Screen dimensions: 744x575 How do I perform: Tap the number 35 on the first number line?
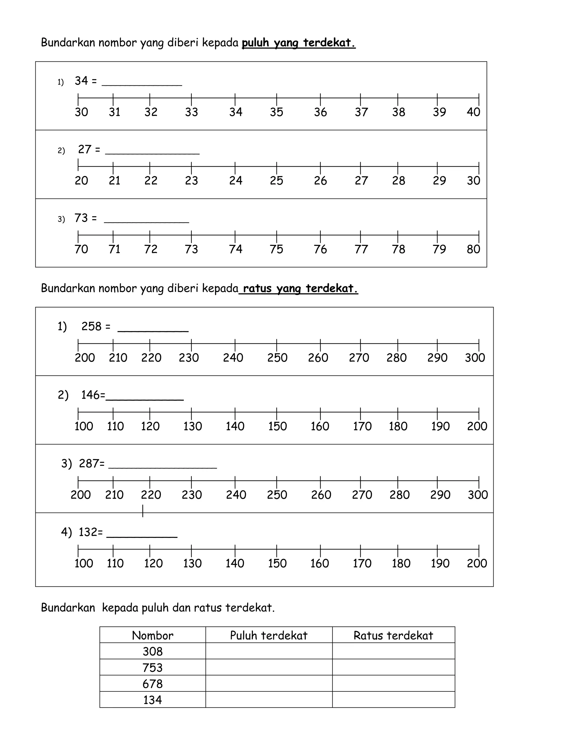pos(276,112)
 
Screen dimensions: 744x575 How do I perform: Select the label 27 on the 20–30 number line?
pos(361,181)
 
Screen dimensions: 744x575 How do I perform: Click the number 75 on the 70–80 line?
pos(276,249)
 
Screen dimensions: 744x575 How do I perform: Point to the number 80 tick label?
pos(473,249)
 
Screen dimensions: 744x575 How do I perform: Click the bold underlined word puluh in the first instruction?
pos(255,43)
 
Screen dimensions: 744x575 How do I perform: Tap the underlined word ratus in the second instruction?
pos(257,289)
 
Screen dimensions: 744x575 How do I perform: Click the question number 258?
pos(91,327)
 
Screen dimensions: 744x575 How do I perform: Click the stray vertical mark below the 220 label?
pos(143,511)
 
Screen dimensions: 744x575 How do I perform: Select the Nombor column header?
pos(153,635)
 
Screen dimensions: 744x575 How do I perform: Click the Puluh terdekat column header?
pos(269,635)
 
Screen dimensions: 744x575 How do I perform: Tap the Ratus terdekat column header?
pos(393,635)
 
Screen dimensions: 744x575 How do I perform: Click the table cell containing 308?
pos(153,651)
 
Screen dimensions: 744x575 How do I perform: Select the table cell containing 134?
pos(153,700)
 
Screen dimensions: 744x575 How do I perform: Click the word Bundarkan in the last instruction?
pos(68,608)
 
